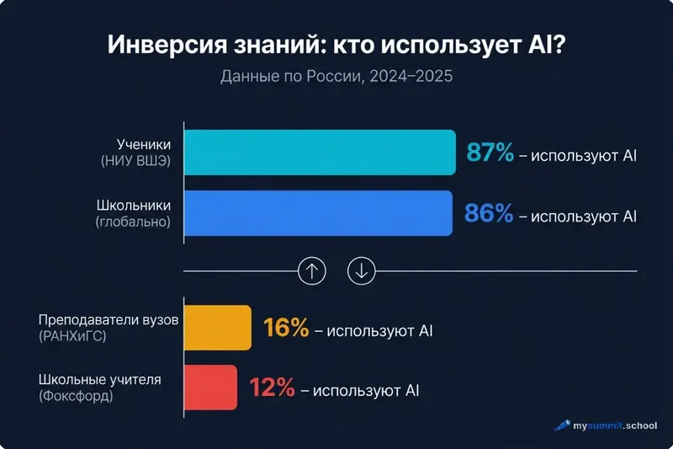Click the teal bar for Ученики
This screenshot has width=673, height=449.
click(x=320, y=152)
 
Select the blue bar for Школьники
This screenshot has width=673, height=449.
click(x=318, y=214)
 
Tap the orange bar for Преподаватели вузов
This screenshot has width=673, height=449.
click(x=217, y=328)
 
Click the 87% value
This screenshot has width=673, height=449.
click(x=489, y=154)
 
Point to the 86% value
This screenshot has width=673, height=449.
click(x=489, y=215)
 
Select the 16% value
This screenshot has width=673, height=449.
click(x=286, y=329)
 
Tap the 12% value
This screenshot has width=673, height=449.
click(x=273, y=388)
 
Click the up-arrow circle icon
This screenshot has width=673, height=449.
click(x=312, y=270)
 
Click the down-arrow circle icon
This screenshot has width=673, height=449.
click(x=362, y=270)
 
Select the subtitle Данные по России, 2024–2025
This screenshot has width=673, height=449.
click(x=336, y=77)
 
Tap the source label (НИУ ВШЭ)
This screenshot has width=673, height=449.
click(x=135, y=161)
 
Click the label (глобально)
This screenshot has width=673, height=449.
click(x=134, y=222)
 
